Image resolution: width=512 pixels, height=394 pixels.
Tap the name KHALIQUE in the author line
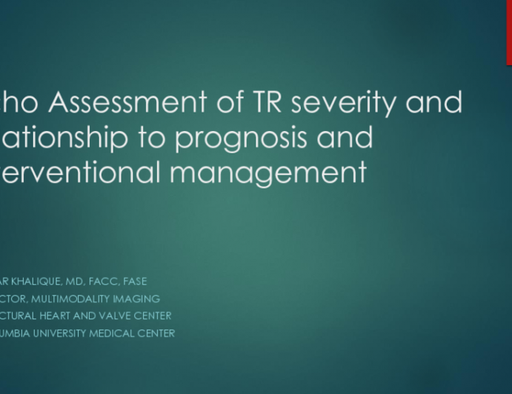tap(32, 281)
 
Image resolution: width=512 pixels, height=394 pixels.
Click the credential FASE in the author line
tap(135, 281)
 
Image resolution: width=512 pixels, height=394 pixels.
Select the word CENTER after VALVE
tap(157, 315)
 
